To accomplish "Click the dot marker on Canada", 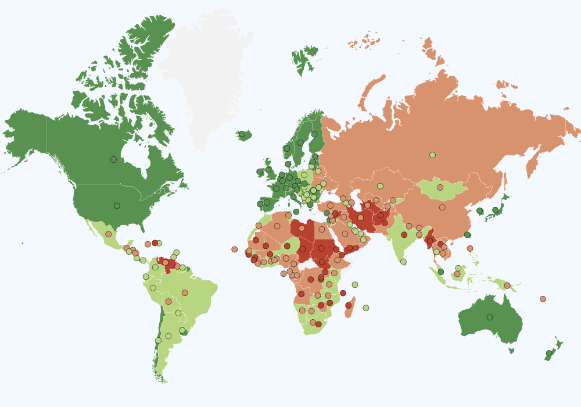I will (113, 159).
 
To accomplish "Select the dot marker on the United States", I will (117, 205).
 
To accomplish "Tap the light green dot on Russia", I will (432, 155).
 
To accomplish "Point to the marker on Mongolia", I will (440, 187).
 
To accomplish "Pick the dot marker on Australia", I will (489, 317).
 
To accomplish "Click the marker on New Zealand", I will (549, 353).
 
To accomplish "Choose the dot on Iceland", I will (242, 134).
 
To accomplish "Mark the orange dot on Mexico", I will (108, 234).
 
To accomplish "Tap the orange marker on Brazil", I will (185, 292).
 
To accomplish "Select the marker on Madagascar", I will (349, 305).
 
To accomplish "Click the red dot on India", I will (404, 235).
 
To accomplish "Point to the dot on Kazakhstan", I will (380, 186).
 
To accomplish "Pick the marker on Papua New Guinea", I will (507, 285).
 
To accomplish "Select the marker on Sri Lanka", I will (403, 262).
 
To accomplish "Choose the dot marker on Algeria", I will (277, 226).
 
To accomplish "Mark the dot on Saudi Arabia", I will (345, 234).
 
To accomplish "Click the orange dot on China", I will (442, 207).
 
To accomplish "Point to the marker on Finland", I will (314, 134).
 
